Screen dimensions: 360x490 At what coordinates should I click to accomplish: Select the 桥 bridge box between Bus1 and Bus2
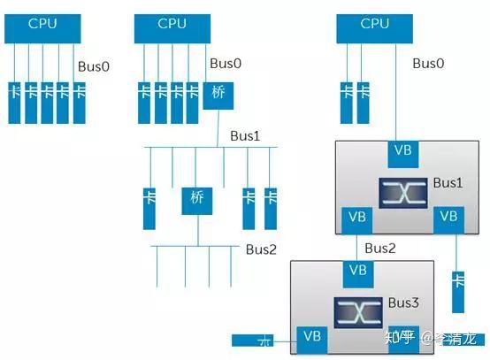tap(197, 197)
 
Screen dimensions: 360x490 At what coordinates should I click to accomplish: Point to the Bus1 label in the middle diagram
tap(245, 136)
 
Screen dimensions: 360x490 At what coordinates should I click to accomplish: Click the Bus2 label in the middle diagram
tap(261, 249)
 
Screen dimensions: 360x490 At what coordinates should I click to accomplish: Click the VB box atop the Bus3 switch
tap(359, 270)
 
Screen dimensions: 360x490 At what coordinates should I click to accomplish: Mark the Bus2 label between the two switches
tap(381, 249)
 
